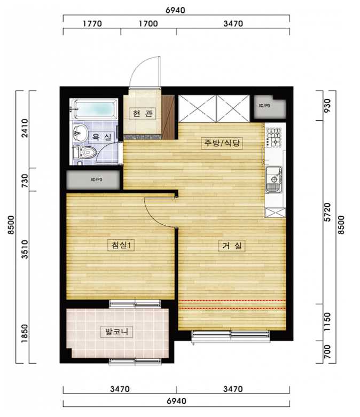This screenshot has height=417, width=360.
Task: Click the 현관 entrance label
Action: (x=143, y=114)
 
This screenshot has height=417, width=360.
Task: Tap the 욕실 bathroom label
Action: (x=101, y=137)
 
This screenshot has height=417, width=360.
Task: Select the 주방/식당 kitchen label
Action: (x=222, y=143)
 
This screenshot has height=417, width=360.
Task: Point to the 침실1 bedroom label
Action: (x=121, y=245)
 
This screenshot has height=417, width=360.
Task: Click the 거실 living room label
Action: (x=232, y=246)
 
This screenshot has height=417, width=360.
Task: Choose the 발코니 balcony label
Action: (x=117, y=332)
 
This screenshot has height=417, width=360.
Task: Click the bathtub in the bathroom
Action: (x=94, y=109)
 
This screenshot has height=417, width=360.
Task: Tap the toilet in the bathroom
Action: (x=84, y=154)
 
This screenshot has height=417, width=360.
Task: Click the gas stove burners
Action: (x=274, y=138)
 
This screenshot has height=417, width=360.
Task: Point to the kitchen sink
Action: (x=274, y=179)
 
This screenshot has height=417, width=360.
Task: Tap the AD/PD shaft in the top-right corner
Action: (x=270, y=107)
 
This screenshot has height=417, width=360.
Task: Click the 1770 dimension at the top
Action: (x=92, y=23)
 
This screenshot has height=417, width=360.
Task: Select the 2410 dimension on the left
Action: (x=25, y=128)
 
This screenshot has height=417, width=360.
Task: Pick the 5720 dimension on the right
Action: (x=327, y=212)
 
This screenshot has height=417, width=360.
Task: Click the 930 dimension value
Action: (x=327, y=105)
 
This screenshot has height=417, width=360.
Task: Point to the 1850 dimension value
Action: (x=25, y=333)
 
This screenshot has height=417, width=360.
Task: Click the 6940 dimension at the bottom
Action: (x=176, y=401)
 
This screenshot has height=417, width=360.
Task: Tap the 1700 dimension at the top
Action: (x=148, y=23)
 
